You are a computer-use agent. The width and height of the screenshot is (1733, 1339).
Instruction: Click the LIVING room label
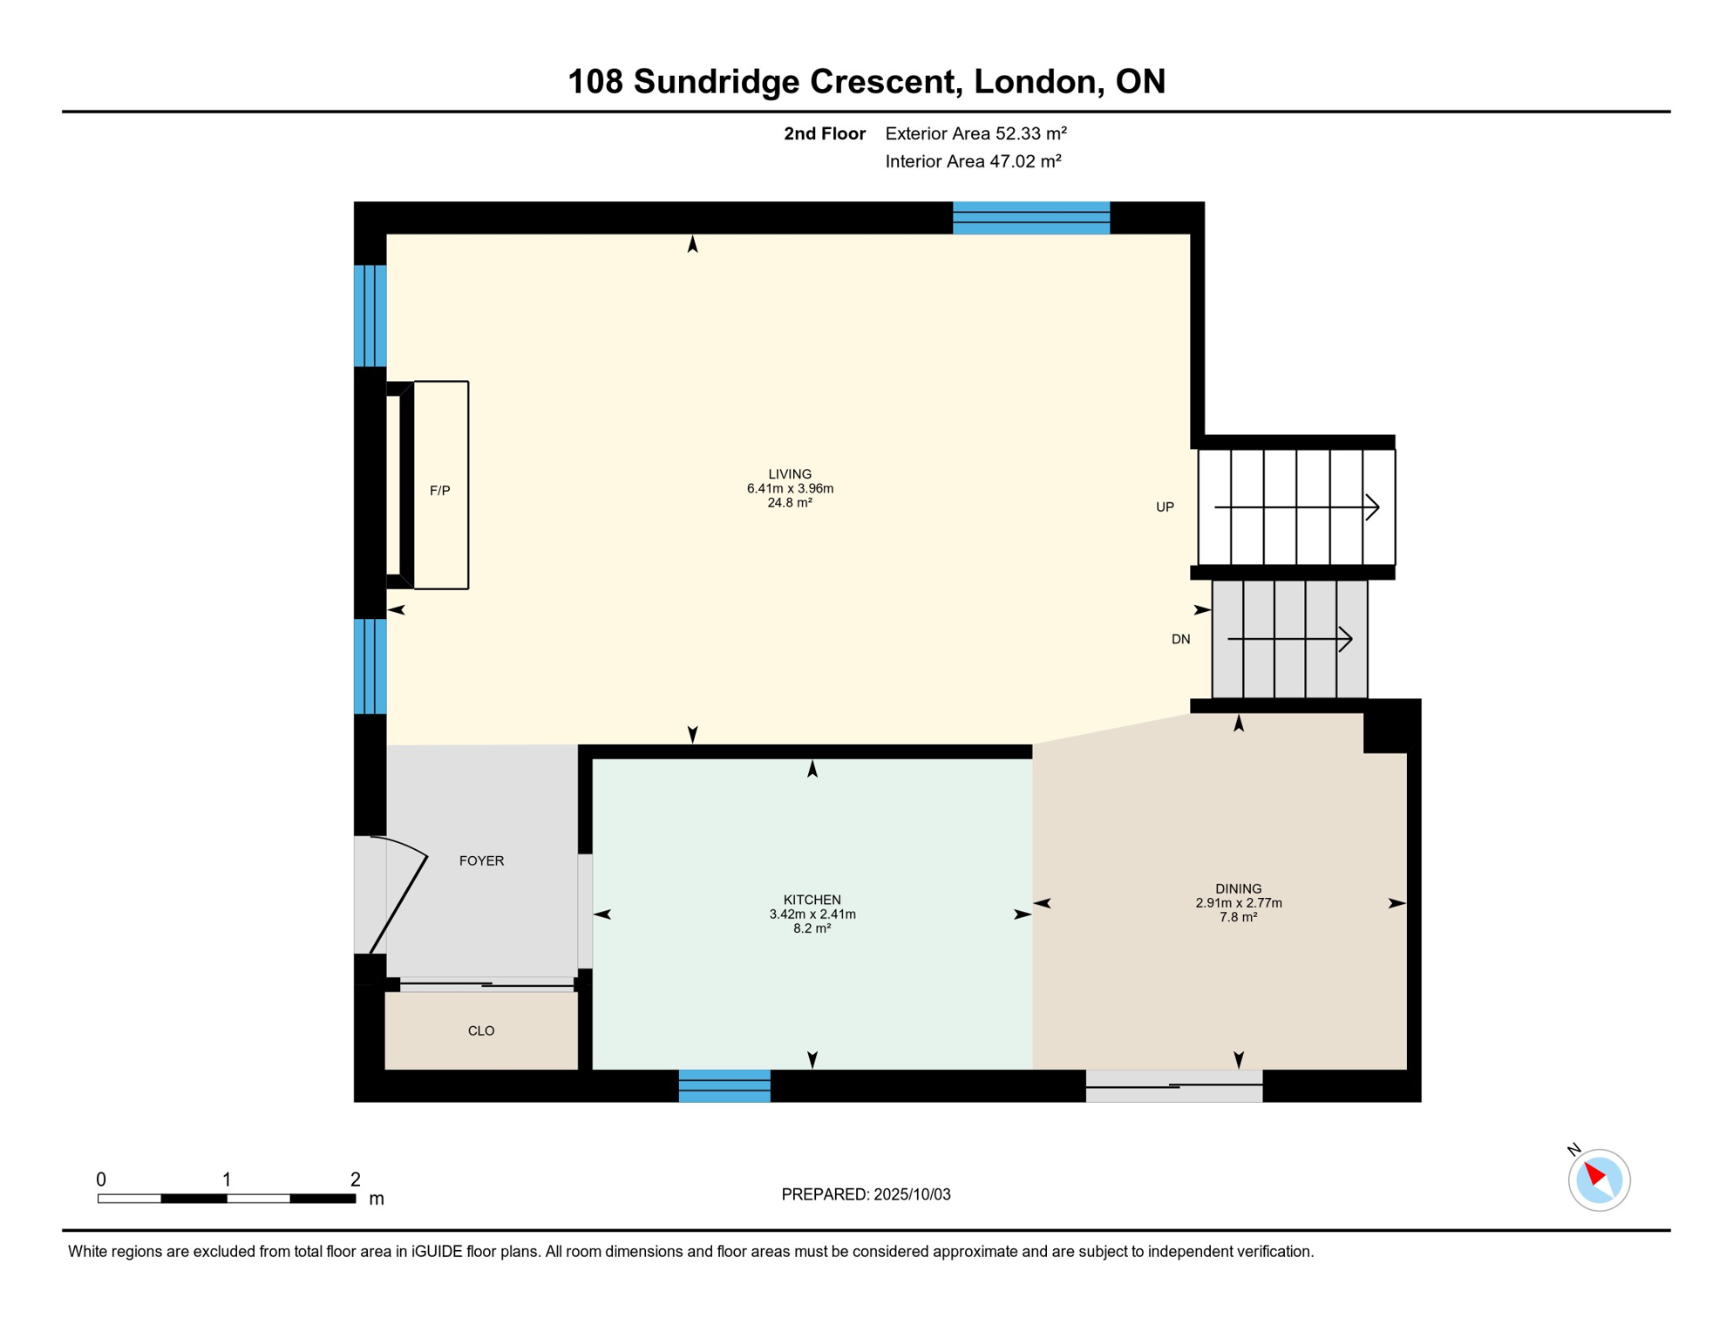coord(790,474)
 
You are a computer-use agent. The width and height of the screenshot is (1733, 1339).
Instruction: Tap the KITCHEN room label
coord(812,900)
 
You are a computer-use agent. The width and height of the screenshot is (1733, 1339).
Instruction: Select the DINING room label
coord(1238,889)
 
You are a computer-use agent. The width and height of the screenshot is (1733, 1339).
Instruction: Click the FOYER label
coord(481,861)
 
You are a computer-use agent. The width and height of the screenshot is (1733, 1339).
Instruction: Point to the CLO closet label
coord(481,1031)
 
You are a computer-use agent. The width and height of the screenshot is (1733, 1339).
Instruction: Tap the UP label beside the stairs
coord(1165,507)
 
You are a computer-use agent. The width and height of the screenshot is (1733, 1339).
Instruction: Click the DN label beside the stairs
coord(1180,640)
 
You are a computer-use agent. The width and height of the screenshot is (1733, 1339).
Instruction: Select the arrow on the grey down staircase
coord(1290,640)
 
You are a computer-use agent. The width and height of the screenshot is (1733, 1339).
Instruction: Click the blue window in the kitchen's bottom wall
coord(724,1086)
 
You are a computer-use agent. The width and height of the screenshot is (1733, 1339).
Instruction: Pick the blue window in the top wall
coord(1030,218)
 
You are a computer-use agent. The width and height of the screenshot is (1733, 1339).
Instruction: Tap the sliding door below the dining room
coord(1173,1086)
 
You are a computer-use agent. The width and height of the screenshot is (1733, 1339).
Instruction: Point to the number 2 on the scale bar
coord(355,1179)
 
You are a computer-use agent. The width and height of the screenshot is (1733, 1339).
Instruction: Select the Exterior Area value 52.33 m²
coord(1030,134)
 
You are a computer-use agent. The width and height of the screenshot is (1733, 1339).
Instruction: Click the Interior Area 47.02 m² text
coord(973,162)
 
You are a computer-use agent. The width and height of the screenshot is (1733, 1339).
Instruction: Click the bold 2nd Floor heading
coord(824,134)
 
